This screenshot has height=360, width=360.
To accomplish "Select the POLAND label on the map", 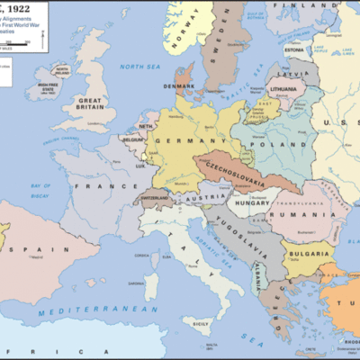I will (x=271, y=142).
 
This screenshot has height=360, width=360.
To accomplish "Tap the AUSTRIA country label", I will (x=214, y=197).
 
